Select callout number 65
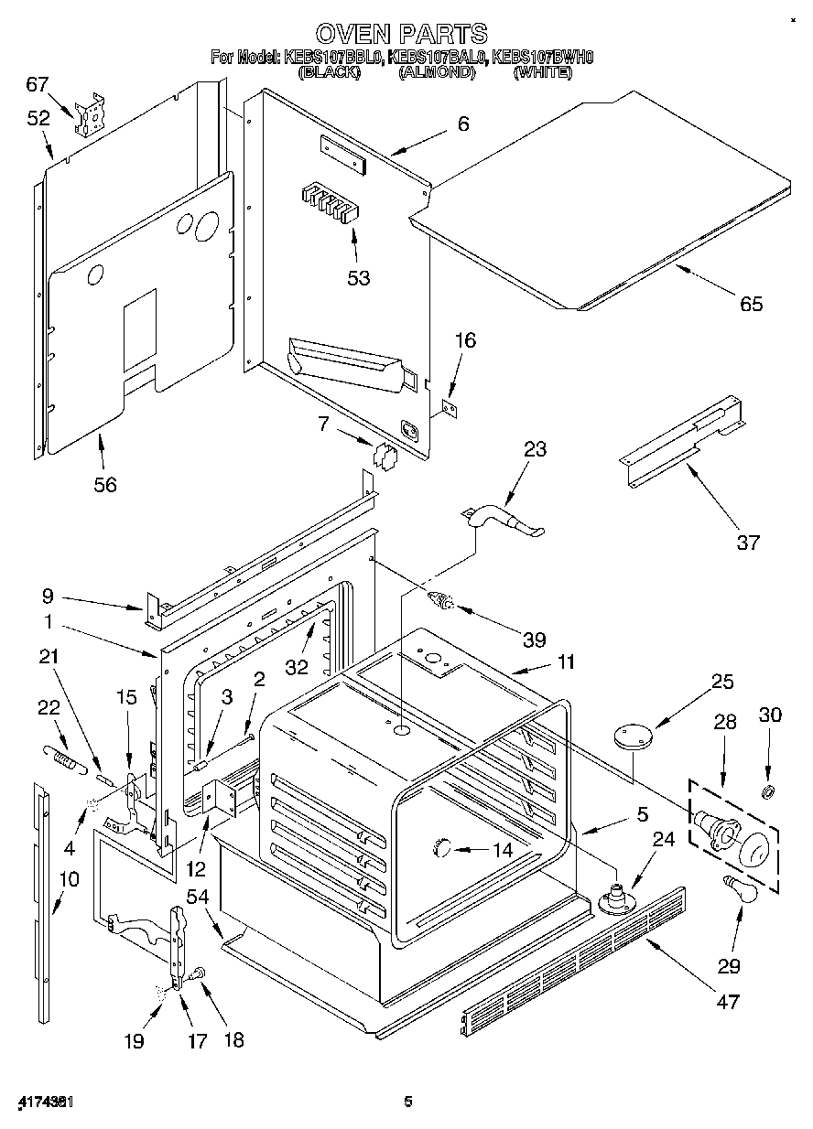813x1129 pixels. point(751,305)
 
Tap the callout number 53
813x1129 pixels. point(358,277)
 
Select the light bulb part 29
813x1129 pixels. point(740,887)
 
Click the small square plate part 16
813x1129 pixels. point(450,404)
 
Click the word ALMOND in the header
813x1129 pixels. point(437,72)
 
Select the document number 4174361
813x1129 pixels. point(45,1102)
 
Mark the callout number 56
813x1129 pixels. point(106,485)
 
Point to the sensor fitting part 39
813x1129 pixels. point(445,602)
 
